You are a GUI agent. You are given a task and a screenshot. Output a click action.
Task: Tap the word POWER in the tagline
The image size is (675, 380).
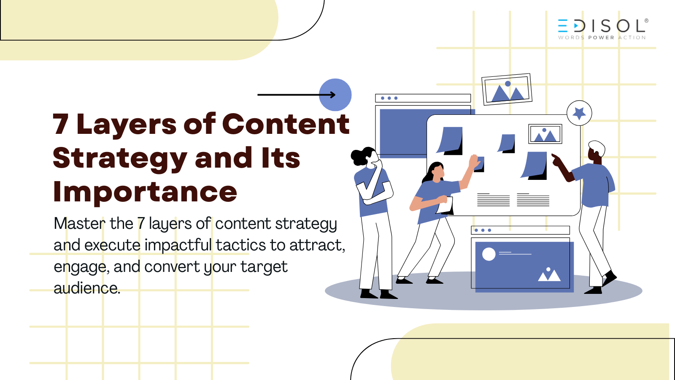coord(601,38)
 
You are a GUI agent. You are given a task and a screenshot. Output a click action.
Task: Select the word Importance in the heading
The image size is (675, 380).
coord(145,192)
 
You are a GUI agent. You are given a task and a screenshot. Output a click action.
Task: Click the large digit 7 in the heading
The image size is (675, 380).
coord(60,124)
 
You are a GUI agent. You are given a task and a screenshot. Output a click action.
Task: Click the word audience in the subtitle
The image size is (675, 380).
coord(87,288)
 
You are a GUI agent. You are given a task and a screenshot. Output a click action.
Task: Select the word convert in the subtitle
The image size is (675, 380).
coord(172,266)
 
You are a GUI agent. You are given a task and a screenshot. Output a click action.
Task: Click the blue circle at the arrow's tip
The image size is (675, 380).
coord(335,95)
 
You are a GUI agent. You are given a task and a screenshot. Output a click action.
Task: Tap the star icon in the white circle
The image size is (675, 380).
coord(579,113)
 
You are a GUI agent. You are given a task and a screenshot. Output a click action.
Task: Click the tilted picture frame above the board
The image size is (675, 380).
coord(507,90)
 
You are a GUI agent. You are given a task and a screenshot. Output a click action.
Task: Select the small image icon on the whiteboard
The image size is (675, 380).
coord(545,134)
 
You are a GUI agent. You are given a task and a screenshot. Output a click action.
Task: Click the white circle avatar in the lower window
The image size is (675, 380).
coord(489,254)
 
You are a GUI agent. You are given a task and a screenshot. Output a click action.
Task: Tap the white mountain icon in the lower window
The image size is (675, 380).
coord(549,274)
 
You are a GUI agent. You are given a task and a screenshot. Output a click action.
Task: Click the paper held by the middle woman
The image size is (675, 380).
coord(445,206)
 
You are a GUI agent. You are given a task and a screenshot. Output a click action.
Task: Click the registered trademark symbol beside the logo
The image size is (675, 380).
coord(646,21)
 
